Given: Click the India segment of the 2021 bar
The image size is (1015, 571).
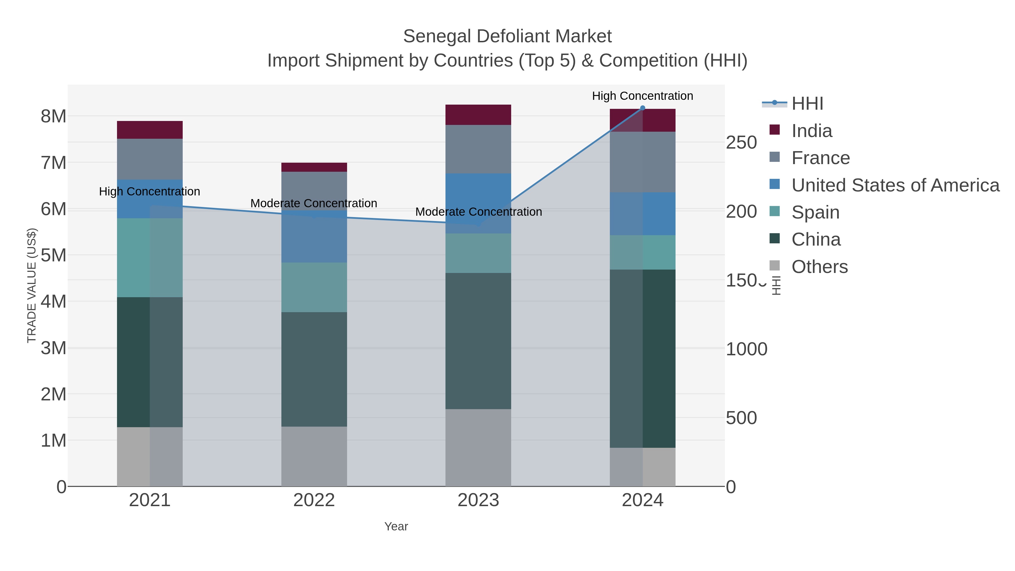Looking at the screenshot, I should coord(150,130).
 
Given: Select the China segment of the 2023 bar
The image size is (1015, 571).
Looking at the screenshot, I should coord(478,341).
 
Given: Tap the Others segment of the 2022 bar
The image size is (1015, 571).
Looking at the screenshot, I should coord(314,456).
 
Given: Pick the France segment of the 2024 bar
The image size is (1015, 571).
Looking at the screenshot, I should coord(642,162).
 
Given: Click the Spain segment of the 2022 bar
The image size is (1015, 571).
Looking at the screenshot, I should coord(314,287).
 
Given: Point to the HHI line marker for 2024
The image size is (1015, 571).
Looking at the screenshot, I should coord(642,108).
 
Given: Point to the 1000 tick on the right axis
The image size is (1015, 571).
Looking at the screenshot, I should coord(746,349).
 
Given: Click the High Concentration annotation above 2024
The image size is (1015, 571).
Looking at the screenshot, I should coord(642,96).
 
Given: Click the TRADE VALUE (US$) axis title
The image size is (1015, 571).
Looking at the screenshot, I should coord(32,285).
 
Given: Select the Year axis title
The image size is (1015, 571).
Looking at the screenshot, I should coord(396,526).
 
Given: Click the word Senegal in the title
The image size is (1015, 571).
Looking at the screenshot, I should coord(437,36).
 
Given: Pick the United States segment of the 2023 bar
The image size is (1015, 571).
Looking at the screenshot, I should coord(478,203).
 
